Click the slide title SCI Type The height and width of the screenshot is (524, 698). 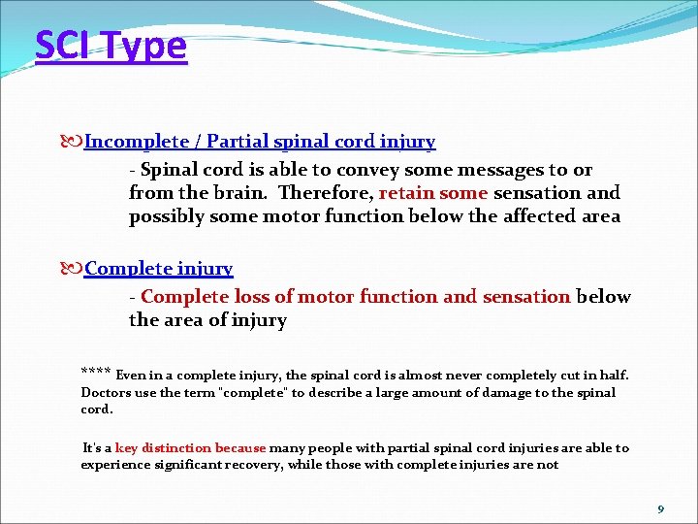coord(111,46)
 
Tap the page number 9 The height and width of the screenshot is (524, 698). coord(660,508)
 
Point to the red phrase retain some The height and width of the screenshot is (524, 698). coord(432,192)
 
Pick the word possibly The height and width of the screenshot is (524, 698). coord(166,216)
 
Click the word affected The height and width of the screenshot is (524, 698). coord(538,216)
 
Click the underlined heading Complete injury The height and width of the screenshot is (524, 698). coord(159,269)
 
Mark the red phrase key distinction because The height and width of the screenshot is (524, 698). coord(190,447)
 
